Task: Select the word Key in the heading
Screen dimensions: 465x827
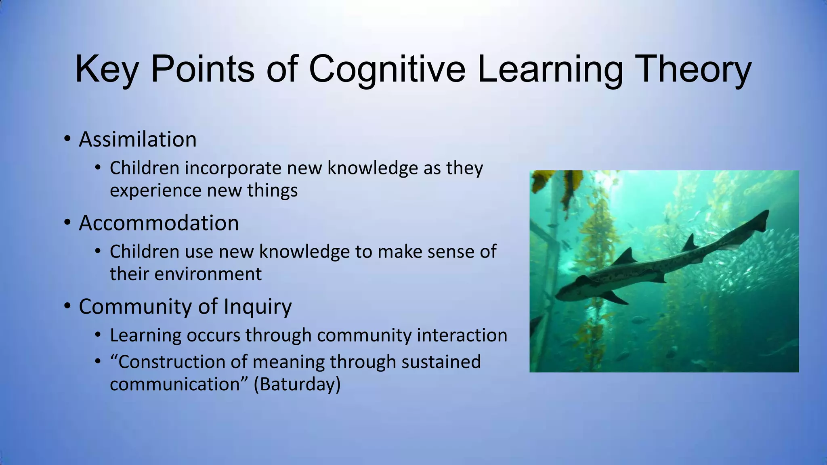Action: click(106, 69)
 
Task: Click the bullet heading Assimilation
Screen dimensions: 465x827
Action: click(138, 139)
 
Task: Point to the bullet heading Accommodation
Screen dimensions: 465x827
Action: click(159, 223)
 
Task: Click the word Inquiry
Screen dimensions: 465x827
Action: click(258, 306)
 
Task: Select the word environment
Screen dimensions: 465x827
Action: click(208, 274)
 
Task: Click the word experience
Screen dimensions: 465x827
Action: click(155, 191)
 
